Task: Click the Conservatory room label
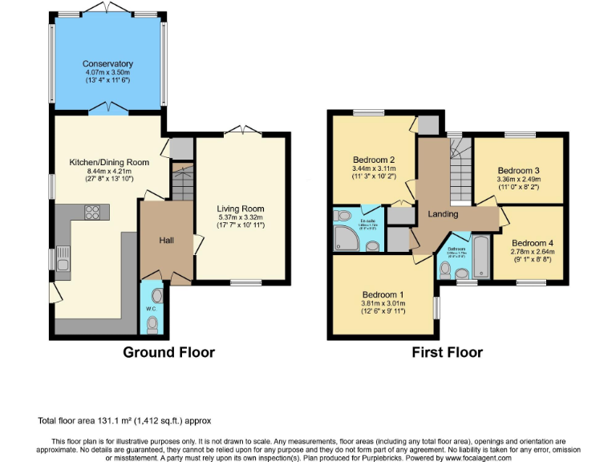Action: (x=107, y=64)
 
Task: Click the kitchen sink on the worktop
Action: (x=63, y=259)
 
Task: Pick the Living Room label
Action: (x=240, y=209)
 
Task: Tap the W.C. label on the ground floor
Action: (x=150, y=309)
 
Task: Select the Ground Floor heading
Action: (x=168, y=351)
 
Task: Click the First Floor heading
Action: (x=448, y=351)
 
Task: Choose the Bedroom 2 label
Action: (x=374, y=159)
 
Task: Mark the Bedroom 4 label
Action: (x=531, y=244)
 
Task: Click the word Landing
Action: (x=443, y=214)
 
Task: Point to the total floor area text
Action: (x=124, y=420)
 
